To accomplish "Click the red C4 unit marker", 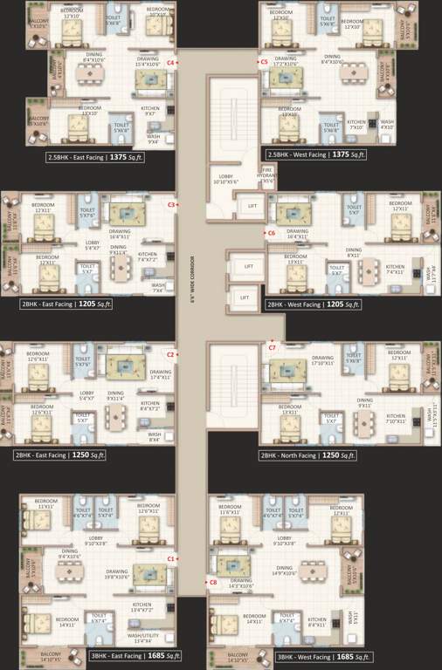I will click(171, 63).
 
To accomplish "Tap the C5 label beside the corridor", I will click(264, 63).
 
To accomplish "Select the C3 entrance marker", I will click(171, 204).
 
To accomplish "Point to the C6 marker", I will click(271, 233).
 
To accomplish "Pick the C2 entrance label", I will click(171, 354).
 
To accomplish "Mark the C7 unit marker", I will click(272, 347).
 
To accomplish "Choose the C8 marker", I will click(212, 582).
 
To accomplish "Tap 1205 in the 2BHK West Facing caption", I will click(336, 305).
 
